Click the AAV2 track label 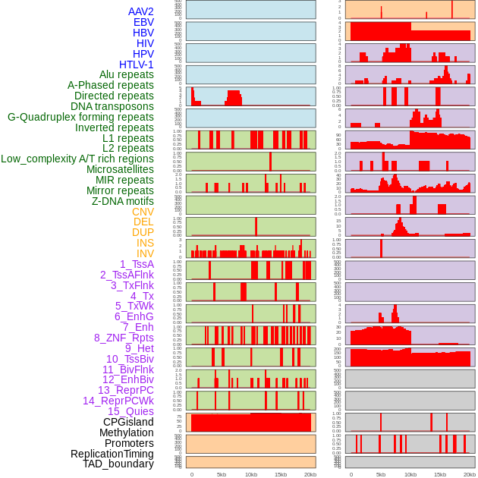click(141, 12)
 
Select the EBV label click(143, 23)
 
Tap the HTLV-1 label click(137, 64)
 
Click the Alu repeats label click(126, 75)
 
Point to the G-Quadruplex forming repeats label click(80, 117)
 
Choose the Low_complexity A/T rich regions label click(77, 159)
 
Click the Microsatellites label click(120, 169)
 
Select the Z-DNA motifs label click(123, 201)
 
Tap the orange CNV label click(143, 212)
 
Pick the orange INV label click(145, 253)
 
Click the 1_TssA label click(137, 264)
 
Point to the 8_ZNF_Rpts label click(124, 338)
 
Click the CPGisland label click(128, 422)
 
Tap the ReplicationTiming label click(112, 454)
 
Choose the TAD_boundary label click(118, 464)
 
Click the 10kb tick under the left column click(250, 474)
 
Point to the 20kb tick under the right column click(470, 474)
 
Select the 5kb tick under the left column click(221, 474)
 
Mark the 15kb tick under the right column click(440, 474)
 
